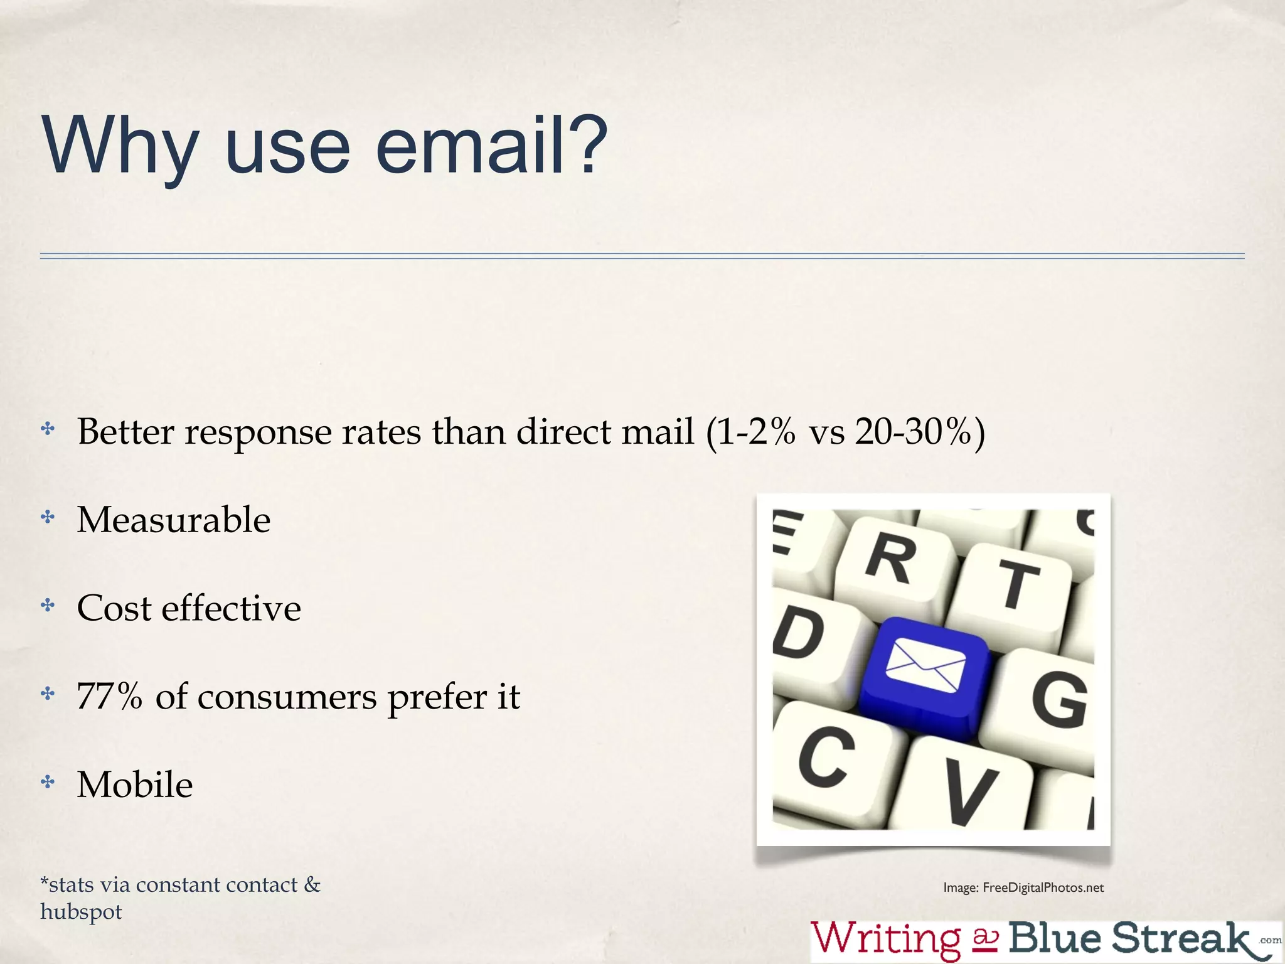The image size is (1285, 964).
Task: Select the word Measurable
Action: [x=174, y=520]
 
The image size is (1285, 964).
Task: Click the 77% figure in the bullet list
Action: [x=109, y=696]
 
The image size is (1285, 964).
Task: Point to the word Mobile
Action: [x=135, y=785]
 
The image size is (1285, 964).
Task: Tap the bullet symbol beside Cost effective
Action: [x=48, y=606]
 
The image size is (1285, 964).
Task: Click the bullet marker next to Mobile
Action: [x=48, y=782]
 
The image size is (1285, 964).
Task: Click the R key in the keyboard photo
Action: [x=890, y=558]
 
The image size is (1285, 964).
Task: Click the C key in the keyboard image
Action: [x=827, y=756]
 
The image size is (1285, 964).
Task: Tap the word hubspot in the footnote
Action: [x=81, y=911]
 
